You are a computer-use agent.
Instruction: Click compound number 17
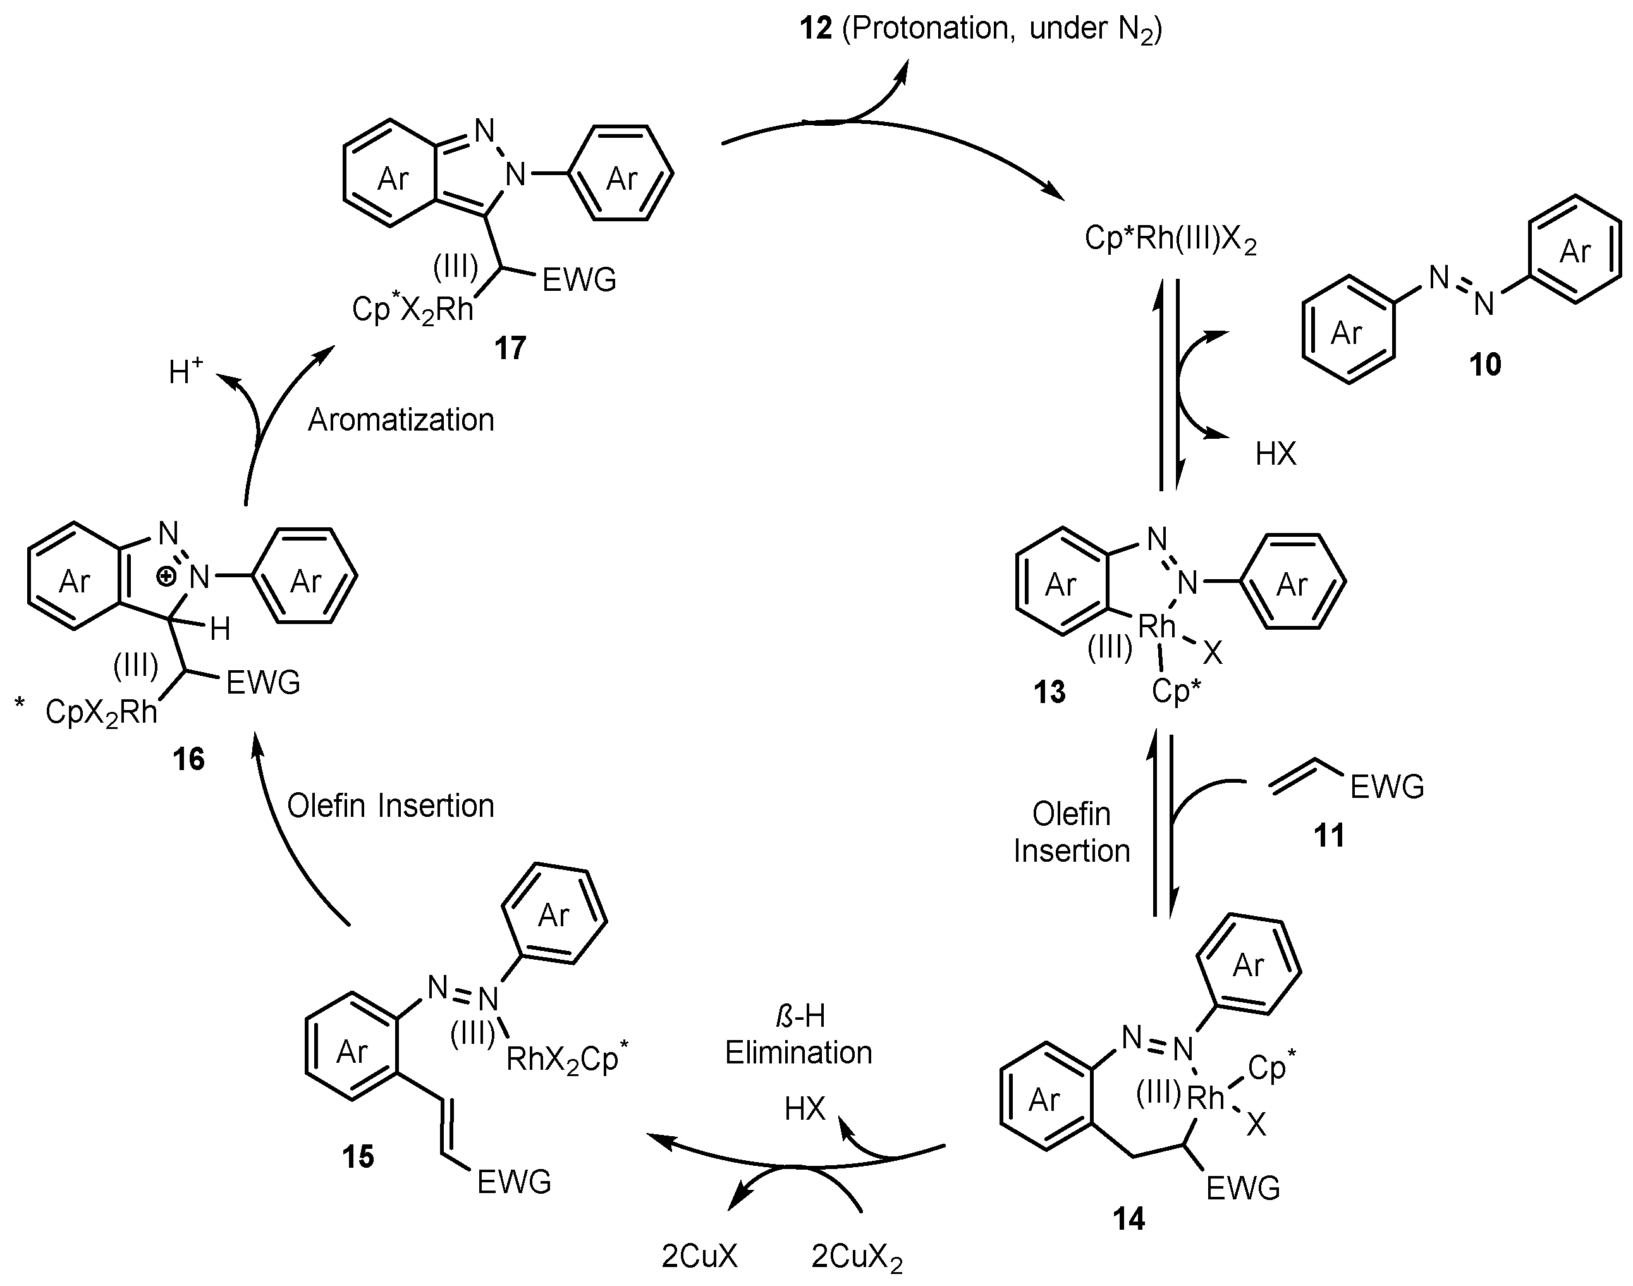click(x=510, y=348)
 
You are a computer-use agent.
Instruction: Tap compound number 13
click(x=1049, y=692)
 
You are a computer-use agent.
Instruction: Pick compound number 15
click(x=358, y=1156)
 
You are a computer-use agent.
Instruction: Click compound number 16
click(x=188, y=759)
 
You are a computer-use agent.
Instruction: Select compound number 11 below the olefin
click(x=1329, y=835)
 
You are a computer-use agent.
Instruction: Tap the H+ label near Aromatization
click(x=186, y=371)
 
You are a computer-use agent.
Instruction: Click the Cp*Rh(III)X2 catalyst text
click(x=1170, y=240)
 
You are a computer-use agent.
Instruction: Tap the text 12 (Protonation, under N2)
click(x=981, y=28)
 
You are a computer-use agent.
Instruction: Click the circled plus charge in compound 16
click(x=166, y=577)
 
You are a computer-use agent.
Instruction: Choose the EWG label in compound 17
click(x=579, y=280)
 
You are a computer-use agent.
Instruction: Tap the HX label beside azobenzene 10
click(x=1275, y=454)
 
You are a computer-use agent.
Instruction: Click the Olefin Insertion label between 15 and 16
click(x=390, y=806)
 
